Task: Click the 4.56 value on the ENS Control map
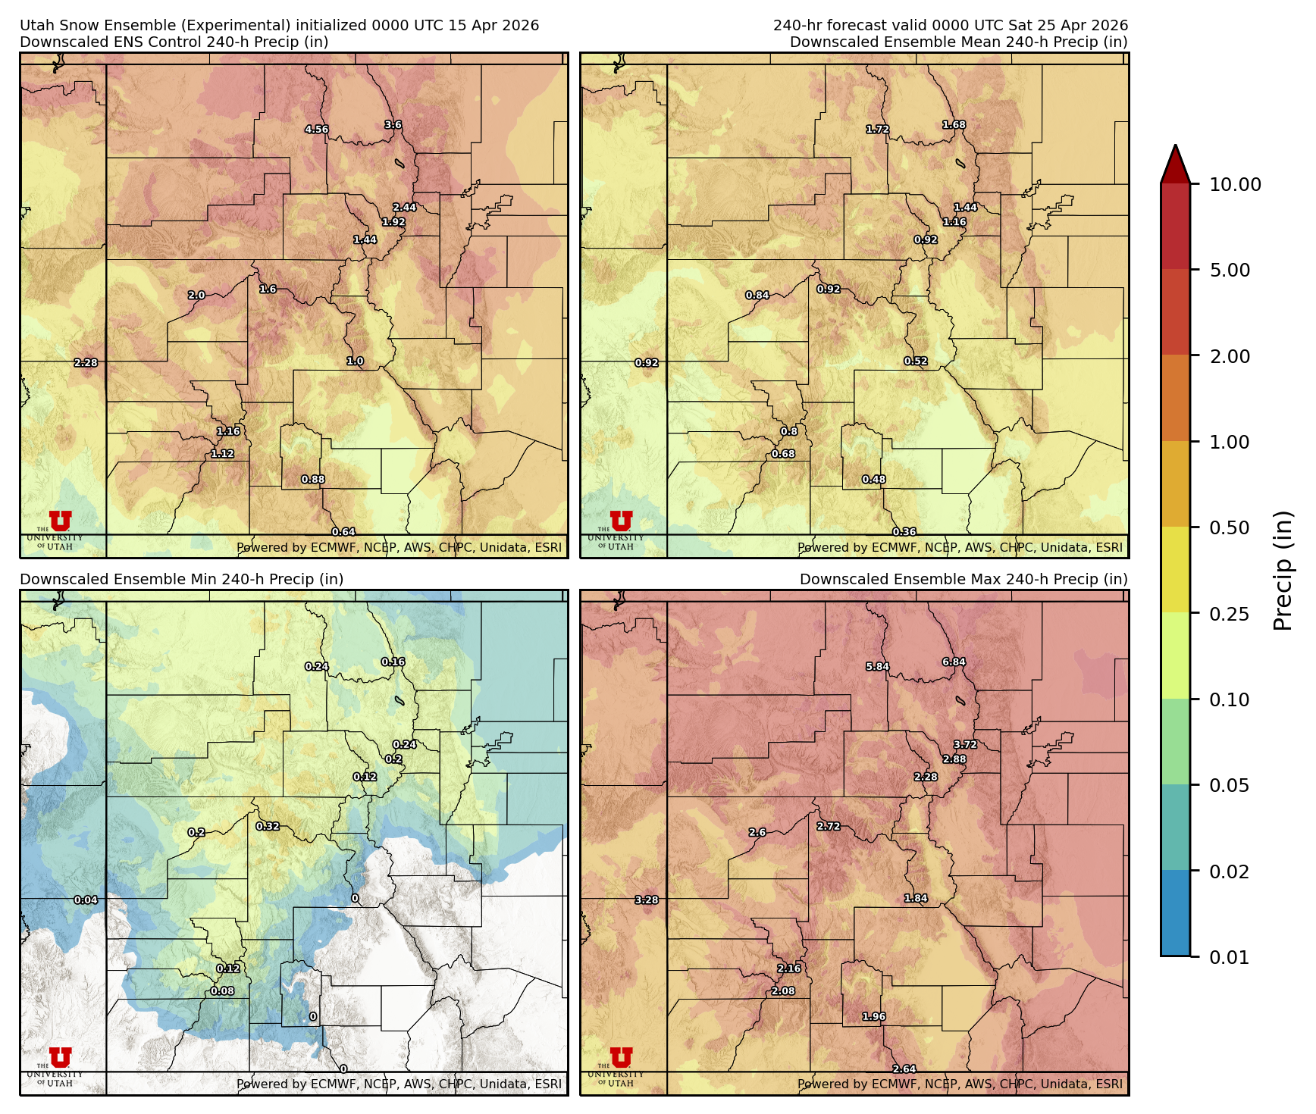click(316, 129)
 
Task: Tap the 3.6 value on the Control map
click(393, 125)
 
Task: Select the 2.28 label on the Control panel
click(86, 363)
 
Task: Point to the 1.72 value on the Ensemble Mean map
click(877, 130)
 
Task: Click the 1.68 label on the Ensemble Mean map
click(954, 125)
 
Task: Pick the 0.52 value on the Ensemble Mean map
click(916, 361)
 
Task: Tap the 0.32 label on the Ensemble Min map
click(268, 826)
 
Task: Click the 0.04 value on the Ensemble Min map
click(86, 900)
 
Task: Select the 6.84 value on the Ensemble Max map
click(954, 662)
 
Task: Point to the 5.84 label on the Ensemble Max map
click(877, 667)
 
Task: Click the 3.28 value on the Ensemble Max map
click(647, 900)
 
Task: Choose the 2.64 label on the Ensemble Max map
click(904, 1069)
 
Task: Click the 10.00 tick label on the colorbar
click(1235, 184)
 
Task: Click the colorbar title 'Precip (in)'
click(1283, 571)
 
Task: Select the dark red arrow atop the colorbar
click(1175, 164)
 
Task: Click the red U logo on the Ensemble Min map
click(60, 1057)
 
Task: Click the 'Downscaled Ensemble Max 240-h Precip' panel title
click(963, 579)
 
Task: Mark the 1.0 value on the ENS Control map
click(355, 361)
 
